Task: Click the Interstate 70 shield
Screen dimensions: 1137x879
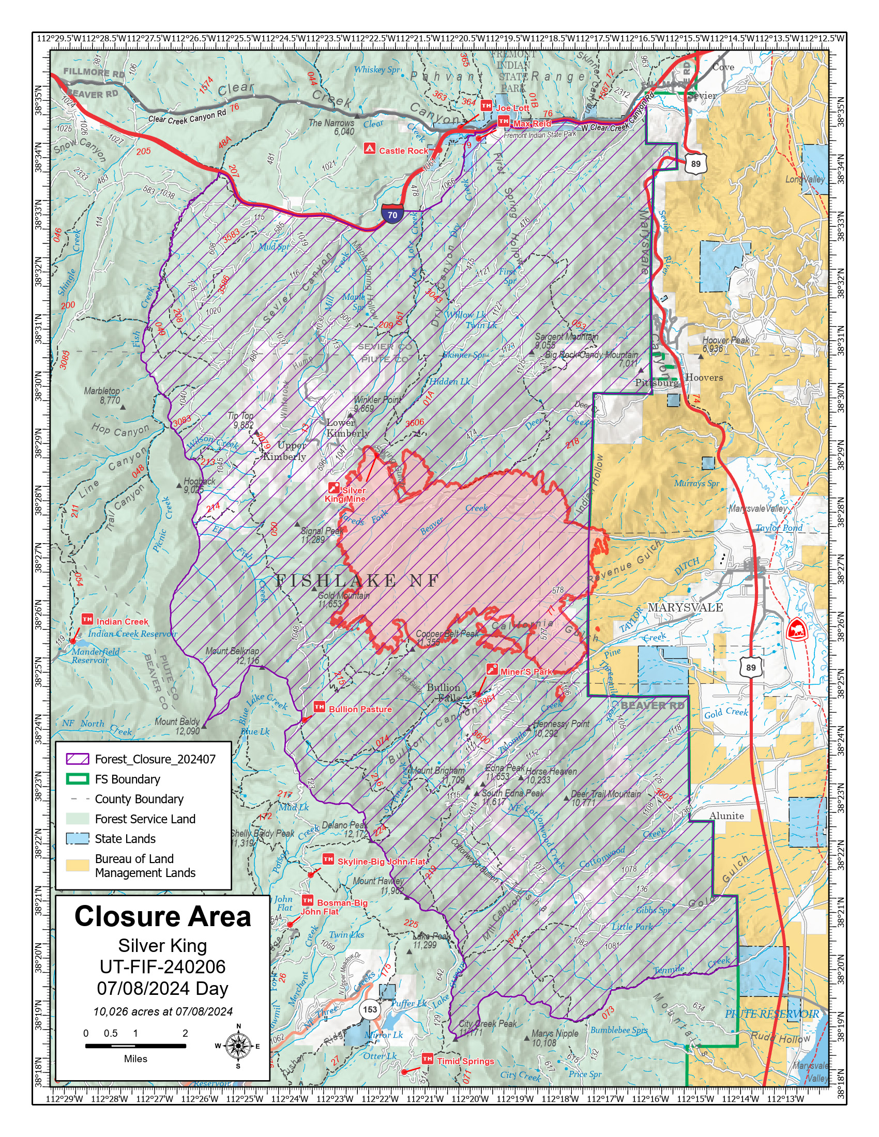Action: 392,214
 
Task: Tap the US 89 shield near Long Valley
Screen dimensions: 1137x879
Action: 695,163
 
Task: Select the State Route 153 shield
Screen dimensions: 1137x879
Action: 370,1009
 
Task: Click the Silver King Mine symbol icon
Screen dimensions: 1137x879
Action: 334,488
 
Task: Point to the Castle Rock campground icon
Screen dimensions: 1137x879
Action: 369,148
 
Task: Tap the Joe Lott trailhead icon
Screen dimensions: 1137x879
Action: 486,105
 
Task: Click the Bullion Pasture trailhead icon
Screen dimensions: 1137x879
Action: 319,706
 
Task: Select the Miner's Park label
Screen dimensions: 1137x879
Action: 526,671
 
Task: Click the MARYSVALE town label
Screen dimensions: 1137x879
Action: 685,608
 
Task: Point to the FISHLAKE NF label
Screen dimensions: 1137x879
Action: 357,580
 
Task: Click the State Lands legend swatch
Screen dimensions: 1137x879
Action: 77,839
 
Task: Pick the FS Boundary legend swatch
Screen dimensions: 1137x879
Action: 77,779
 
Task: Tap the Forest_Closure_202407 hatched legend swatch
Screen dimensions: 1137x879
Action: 77,759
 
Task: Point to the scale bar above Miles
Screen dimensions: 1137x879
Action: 135,1046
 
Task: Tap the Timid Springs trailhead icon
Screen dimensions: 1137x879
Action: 427,1058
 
